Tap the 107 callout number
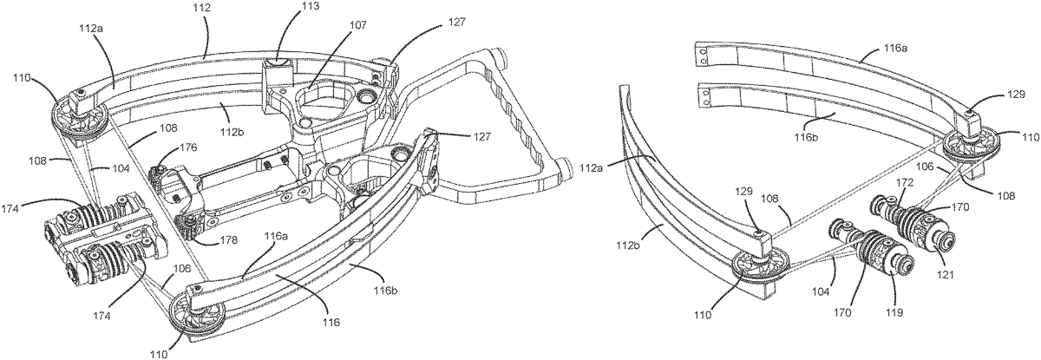(357, 25)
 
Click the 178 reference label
(228, 240)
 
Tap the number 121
(946, 275)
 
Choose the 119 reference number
(894, 312)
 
